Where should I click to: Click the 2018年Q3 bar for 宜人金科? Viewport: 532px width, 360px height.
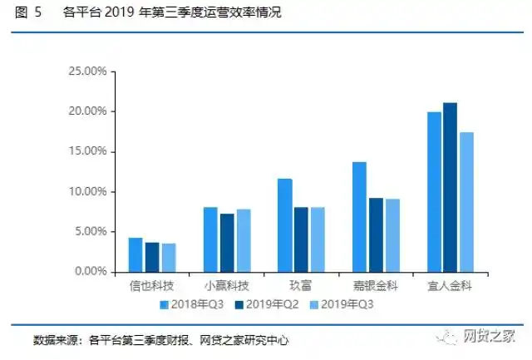pos(434,191)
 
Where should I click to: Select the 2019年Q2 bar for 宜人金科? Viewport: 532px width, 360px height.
pos(451,187)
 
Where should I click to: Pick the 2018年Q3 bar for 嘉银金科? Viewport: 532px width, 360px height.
pos(359,216)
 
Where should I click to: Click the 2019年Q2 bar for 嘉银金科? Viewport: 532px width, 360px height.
pos(376,234)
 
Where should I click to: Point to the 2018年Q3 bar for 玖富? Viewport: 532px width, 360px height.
pos(284,225)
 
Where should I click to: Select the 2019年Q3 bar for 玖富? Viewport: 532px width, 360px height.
pos(318,239)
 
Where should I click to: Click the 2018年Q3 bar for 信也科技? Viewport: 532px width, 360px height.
pos(135,254)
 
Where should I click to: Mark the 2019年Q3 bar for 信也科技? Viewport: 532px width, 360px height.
pos(169,257)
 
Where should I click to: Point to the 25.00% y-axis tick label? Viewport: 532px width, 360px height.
pos(87,72)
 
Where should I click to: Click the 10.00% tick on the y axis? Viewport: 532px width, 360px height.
pos(87,192)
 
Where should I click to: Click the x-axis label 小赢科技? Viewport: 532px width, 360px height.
pos(227,286)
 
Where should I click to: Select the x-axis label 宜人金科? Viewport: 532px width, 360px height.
pos(451,286)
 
